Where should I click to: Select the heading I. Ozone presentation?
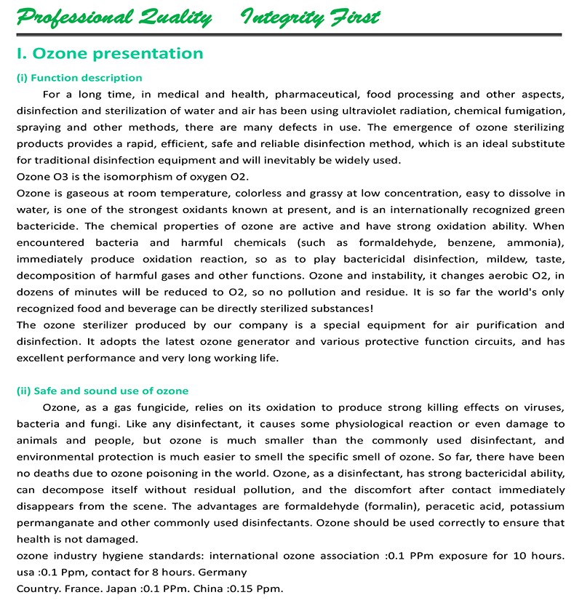click(109, 54)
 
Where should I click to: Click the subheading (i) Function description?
click(79, 78)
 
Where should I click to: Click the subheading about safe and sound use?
click(103, 391)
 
